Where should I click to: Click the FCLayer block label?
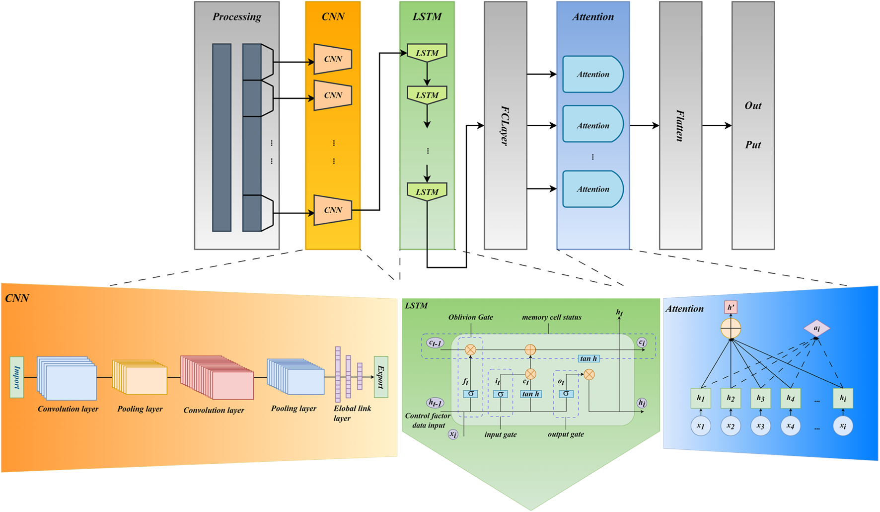[505, 125]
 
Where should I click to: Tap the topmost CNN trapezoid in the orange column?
[333, 59]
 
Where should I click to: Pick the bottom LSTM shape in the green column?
[427, 191]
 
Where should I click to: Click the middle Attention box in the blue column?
[592, 125]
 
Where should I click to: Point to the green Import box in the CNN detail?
[17, 377]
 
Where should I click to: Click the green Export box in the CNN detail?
[381, 377]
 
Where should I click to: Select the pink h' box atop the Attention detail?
[731, 307]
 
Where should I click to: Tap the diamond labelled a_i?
[816, 329]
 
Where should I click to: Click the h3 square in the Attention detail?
[760, 398]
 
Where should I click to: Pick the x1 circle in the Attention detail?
[701, 426]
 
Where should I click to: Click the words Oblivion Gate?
[470, 317]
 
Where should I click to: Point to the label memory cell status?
[551, 317]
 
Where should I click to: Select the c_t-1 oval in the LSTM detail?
[435, 343]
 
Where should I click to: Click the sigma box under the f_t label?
[470, 394]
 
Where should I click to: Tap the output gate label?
[566, 434]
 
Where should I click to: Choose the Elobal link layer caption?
[352, 413]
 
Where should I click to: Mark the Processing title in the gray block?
[237, 17]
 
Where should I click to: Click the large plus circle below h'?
[731, 329]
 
